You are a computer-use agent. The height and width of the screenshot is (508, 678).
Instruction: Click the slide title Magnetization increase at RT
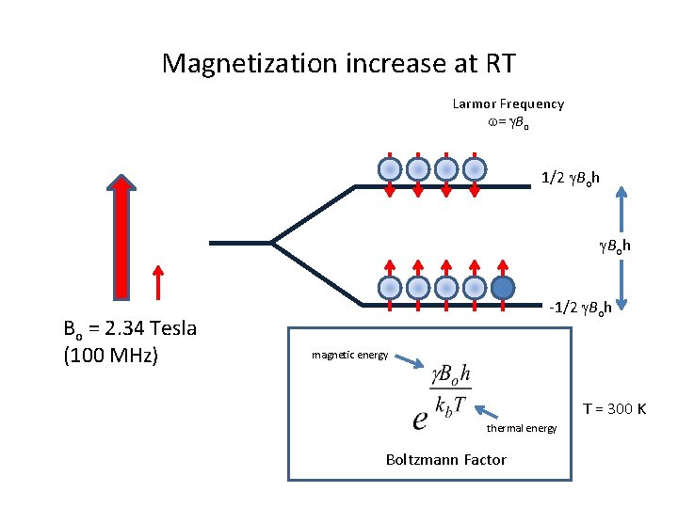(x=338, y=64)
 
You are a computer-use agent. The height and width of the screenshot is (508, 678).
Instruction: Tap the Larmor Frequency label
(x=508, y=103)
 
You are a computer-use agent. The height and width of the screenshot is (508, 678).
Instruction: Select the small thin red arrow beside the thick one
(x=158, y=281)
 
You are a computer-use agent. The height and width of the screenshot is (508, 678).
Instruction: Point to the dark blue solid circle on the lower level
(x=503, y=287)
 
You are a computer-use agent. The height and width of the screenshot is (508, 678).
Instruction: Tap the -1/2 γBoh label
(x=581, y=307)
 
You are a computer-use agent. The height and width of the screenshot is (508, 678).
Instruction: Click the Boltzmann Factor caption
(x=445, y=459)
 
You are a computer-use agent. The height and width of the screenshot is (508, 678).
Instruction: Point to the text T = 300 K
(x=614, y=408)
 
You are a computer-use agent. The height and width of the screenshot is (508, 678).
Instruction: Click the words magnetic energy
(x=349, y=355)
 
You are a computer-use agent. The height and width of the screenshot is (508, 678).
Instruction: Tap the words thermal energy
(x=522, y=429)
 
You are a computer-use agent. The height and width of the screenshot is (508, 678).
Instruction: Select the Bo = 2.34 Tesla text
(x=129, y=329)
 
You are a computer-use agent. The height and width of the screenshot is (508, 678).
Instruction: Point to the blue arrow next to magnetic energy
(x=409, y=360)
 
